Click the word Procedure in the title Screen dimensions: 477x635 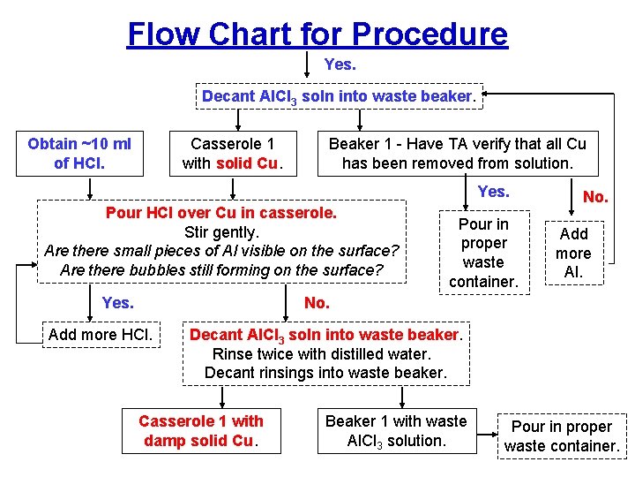click(430, 34)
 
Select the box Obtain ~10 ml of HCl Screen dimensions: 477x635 click(79, 153)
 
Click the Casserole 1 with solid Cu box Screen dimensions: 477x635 click(234, 153)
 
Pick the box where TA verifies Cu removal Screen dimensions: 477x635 click(457, 153)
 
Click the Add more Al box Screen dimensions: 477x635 click(573, 254)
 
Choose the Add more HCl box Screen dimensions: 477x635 click(101, 334)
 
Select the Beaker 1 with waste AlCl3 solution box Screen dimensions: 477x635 click(396, 430)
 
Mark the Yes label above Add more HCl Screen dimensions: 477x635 click(117, 303)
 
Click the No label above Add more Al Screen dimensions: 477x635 click(595, 197)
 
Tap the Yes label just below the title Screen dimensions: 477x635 click(340, 64)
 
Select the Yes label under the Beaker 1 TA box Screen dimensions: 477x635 click(493, 191)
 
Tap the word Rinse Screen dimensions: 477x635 click(232, 353)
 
